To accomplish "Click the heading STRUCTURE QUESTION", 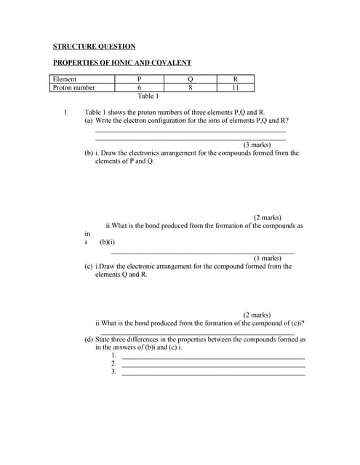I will [95, 46].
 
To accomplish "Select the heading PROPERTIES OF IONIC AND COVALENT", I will [122, 63].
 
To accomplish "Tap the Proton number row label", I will [73, 88].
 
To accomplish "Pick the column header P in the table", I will [138, 79].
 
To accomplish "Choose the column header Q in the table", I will [190, 79].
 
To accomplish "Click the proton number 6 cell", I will [138, 88].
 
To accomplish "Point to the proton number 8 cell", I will [190, 88].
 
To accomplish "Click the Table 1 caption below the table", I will [148, 96].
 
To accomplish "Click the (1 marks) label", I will [267, 258].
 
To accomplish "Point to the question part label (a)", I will [89, 121].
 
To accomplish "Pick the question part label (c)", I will [89, 267].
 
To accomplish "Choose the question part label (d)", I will [89, 339].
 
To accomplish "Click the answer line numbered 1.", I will [213, 357].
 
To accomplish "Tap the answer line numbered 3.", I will [213, 373].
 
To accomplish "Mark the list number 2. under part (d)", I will [113, 363].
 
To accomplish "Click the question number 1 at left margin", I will [65, 113].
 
